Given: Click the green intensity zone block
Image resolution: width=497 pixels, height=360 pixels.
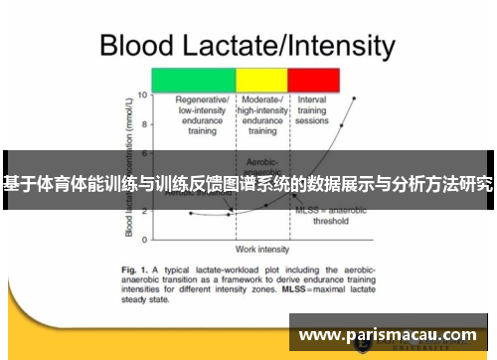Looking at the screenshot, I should click(x=192, y=81).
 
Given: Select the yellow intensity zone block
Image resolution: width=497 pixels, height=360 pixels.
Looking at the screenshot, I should click(x=261, y=81).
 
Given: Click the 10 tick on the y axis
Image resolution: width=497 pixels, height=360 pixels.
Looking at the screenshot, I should click(x=141, y=95).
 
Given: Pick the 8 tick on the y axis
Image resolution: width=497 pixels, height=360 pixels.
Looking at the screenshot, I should click(x=143, y=124).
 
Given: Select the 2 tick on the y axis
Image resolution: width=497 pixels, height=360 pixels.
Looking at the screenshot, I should click(x=143, y=211).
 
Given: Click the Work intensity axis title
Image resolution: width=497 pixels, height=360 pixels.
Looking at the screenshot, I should click(x=261, y=248).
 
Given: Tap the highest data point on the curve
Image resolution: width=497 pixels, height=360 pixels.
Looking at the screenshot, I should click(x=354, y=98).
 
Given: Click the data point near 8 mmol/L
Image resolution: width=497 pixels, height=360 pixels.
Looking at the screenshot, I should click(x=341, y=126).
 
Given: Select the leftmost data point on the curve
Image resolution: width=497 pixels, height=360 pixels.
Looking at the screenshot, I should click(x=191, y=213).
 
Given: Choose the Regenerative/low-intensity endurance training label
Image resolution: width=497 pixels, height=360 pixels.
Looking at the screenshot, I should click(x=203, y=115).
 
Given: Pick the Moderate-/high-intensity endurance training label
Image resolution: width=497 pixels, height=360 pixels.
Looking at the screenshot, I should click(x=261, y=115).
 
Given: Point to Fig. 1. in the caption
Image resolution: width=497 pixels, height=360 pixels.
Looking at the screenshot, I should click(x=135, y=270).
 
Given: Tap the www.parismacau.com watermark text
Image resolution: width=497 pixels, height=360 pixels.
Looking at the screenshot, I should click(x=392, y=335).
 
